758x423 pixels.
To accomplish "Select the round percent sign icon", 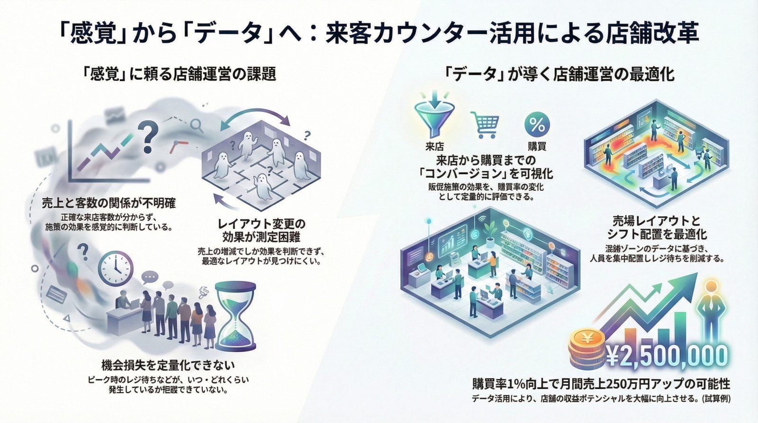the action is (537, 125).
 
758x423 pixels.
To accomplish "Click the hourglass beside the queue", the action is (235, 315).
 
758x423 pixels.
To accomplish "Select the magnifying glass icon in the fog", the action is (196, 125).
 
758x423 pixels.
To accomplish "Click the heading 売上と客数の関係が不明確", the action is (108, 204).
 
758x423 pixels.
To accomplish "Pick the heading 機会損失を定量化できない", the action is (168, 365).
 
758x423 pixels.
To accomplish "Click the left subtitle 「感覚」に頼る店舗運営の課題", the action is (179, 74).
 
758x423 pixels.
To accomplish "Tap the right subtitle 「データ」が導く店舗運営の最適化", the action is (559, 74).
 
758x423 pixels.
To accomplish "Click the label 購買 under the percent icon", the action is (537, 146).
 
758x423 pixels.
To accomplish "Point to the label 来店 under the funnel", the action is (434, 146).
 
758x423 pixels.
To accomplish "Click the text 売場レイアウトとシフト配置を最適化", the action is (656, 227).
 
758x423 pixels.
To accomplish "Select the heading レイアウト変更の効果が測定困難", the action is (261, 230).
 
